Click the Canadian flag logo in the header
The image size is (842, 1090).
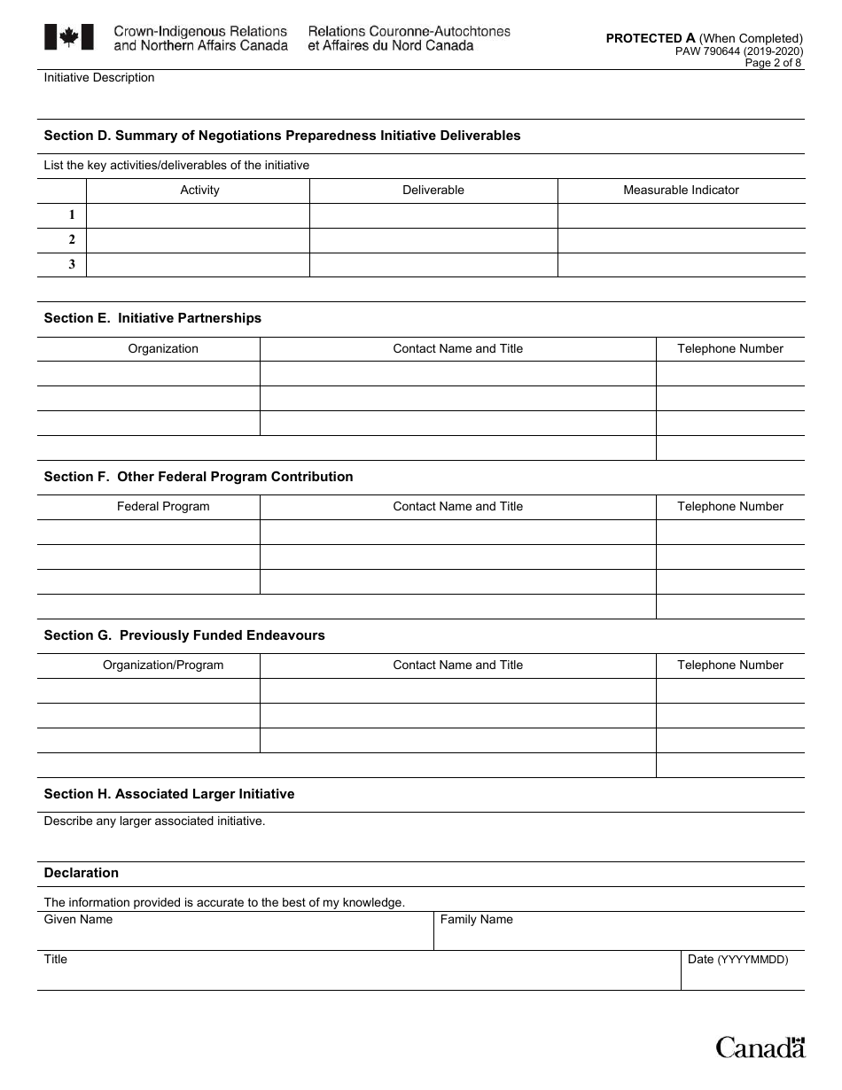click(68, 37)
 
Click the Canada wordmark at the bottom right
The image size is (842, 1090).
click(760, 1047)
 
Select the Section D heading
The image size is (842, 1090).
click(282, 136)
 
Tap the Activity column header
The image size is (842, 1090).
click(199, 190)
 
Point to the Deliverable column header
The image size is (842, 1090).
click(433, 190)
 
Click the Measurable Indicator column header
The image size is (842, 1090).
click(681, 190)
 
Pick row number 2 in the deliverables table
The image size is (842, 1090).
click(72, 239)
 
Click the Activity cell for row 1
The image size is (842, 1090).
click(198, 215)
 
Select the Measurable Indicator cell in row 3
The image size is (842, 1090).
click(681, 264)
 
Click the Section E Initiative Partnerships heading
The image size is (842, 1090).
click(152, 318)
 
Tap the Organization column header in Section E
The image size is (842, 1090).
click(163, 348)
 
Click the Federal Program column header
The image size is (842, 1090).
click(163, 506)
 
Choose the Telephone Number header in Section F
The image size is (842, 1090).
click(730, 506)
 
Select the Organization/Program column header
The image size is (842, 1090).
click(163, 665)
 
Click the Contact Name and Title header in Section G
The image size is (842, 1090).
click(457, 665)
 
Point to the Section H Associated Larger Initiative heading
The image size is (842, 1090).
click(168, 794)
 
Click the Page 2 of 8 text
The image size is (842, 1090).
click(773, 63)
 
